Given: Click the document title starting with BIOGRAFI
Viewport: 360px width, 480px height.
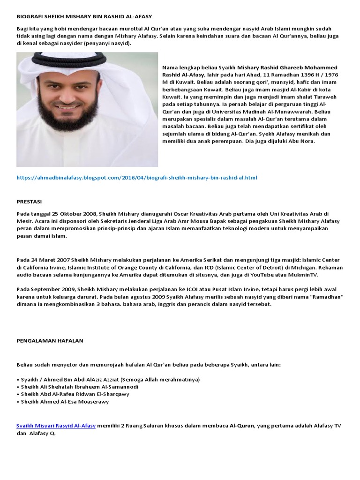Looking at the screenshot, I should pos(84,16).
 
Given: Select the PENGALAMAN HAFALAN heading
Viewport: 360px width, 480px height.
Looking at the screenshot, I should pos(50,341).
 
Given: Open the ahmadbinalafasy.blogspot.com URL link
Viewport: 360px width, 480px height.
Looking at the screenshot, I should pos(137,178).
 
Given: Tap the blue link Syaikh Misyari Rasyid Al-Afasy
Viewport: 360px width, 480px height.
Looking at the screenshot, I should pos(56,426).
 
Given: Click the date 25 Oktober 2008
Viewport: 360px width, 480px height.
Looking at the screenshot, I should pos(64,214).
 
